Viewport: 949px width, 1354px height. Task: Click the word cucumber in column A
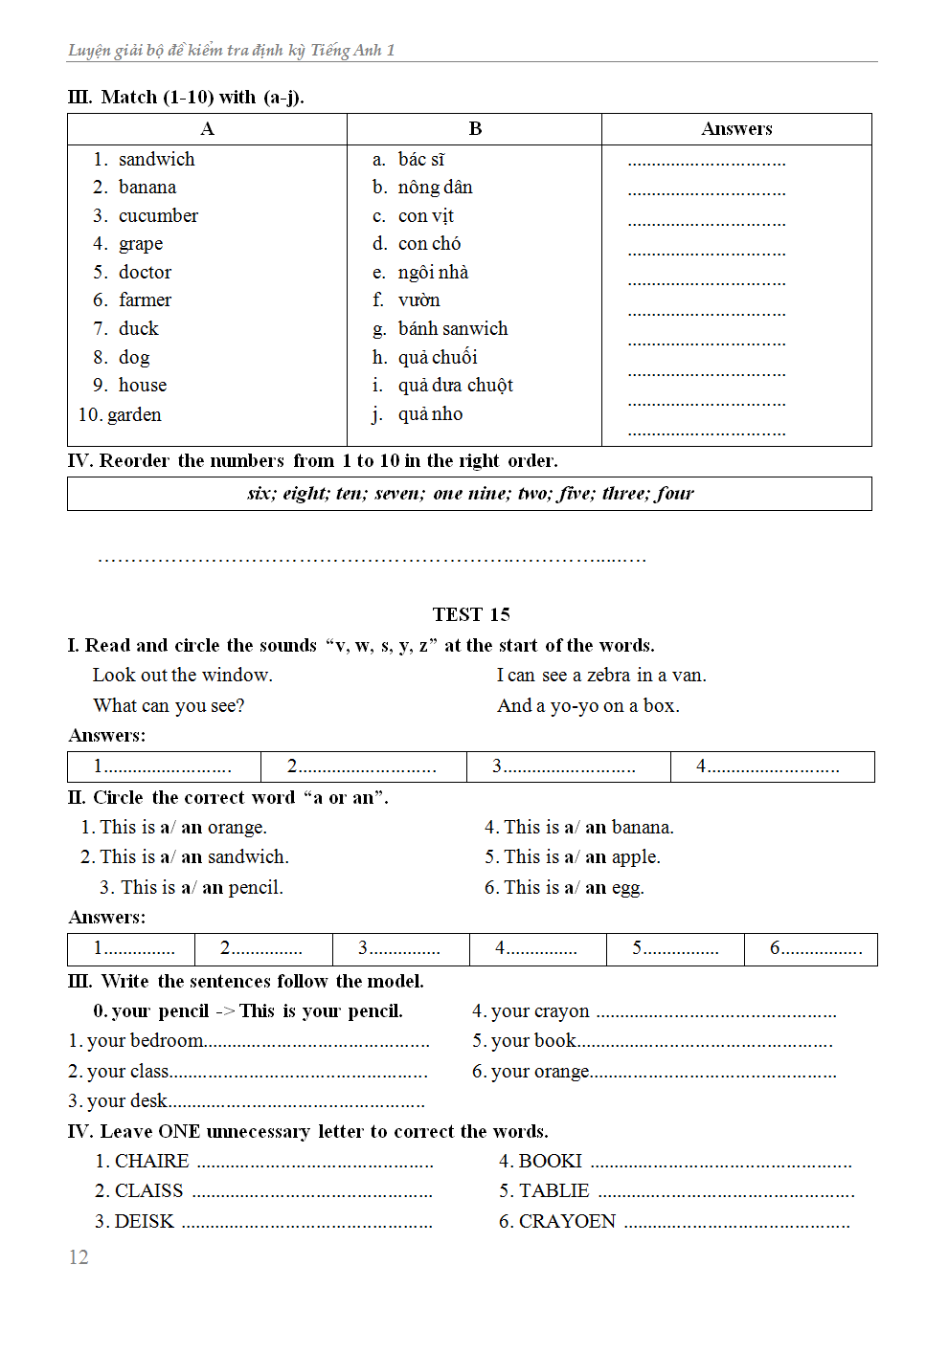[x=158, y=216]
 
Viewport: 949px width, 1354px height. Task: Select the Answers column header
[x=736, y=129]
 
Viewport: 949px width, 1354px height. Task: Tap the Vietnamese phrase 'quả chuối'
[x=438, y=358]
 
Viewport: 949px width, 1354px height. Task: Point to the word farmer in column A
[x=145, y=300]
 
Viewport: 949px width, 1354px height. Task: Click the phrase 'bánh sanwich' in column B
[x=453, y=329]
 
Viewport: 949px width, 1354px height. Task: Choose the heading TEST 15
[x=471, y=614]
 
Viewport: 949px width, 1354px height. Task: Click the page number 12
[x=79, y=1257]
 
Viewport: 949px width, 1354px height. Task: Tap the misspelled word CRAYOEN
[x=567, y=1222]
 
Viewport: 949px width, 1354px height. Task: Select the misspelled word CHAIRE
[x=151, y=1162]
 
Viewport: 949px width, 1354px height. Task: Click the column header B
[x=475, y=129]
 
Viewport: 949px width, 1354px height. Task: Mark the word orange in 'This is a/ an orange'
[x=236, y=828]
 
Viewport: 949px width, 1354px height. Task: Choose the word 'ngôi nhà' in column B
[x=433, y=273]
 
